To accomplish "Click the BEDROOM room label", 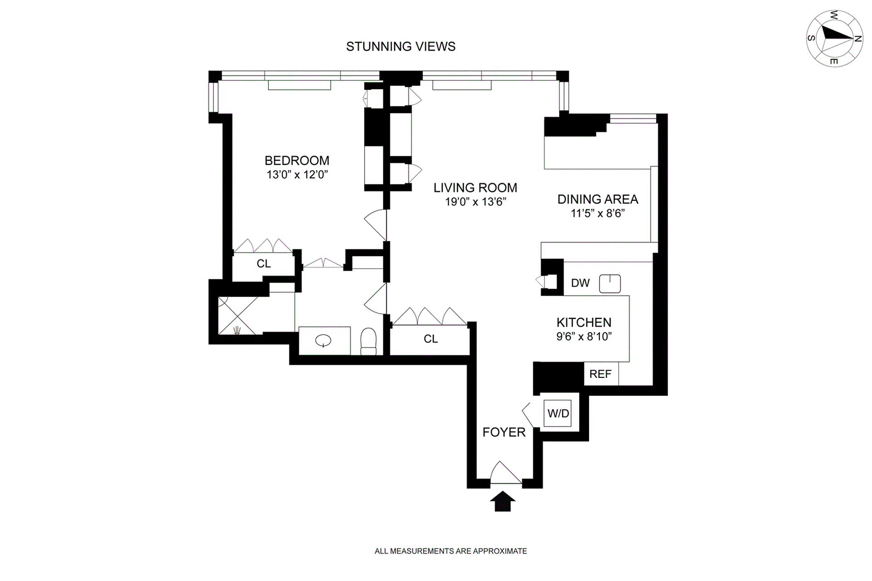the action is [x=297, y=160].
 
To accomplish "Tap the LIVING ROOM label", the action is [x=475, y=188].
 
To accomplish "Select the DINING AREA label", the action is [x=598, y=199].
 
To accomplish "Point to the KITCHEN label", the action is [x=584, y=323].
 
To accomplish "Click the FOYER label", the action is [x=504, y=432].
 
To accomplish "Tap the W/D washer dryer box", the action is [x=558, y=413].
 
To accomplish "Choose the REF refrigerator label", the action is [x=600, y=374].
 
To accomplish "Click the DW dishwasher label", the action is [x=580, y=283].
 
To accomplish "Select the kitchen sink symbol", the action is [x=610, y=283].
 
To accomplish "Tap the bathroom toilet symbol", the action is [x=368, y=341].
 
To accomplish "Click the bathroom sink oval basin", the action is [x=323, y=341].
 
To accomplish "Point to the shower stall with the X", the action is [x=238, y=316].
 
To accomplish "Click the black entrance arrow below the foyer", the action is [x=503, y=501].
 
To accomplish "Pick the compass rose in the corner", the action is [x=834, y=39].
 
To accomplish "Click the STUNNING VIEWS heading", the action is [x=401, y=46].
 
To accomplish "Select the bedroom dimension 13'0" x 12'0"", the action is [x=297, y=174].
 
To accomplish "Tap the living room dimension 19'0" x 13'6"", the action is [x=476, y=202].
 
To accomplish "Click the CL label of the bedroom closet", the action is [x=264, y=263].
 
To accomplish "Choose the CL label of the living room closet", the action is [x=431, y=339].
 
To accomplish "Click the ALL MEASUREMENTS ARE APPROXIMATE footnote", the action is [x=451, y=551].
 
